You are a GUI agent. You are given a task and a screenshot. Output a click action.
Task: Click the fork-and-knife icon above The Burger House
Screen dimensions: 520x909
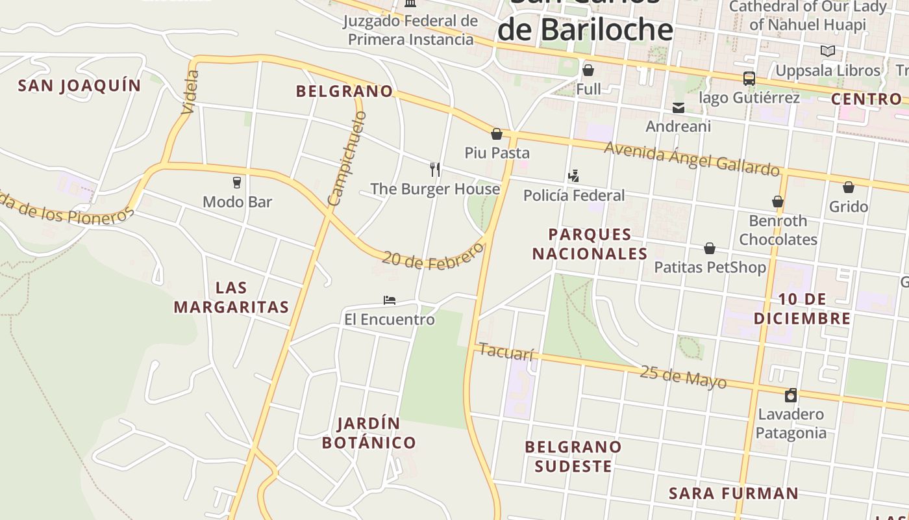435,170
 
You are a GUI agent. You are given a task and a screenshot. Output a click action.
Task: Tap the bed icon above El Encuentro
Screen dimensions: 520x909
390,300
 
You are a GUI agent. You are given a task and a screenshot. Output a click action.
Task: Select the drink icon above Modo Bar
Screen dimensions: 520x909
237,183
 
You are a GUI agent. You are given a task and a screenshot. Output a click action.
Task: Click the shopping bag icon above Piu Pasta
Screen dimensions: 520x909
497,134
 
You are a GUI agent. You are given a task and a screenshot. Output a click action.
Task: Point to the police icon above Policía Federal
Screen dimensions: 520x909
573,175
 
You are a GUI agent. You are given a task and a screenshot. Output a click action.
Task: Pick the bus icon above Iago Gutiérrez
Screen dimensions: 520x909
749,79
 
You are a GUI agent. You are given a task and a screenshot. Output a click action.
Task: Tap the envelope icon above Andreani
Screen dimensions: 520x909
679,107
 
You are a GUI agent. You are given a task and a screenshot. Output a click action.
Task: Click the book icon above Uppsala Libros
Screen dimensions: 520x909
827,51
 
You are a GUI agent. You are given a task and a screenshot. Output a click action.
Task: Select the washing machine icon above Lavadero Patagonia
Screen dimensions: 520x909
790,395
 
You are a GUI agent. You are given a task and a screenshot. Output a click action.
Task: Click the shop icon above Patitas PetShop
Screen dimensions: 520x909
710,248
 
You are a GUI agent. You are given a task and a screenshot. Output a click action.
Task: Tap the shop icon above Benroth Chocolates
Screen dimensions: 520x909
777,201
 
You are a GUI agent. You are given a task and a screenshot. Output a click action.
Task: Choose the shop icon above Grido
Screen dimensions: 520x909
848,187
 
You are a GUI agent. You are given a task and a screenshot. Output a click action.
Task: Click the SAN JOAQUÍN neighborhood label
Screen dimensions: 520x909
79,86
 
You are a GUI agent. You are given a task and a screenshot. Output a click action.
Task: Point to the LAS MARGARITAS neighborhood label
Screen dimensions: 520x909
231,297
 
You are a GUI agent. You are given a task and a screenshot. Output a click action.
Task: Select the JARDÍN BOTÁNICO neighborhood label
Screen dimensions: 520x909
369,433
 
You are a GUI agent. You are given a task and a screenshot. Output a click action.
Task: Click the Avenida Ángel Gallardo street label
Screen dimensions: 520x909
691,159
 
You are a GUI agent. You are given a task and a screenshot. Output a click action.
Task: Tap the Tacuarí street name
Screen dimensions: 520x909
506,352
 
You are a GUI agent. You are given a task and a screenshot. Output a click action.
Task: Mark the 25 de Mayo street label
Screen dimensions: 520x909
683,376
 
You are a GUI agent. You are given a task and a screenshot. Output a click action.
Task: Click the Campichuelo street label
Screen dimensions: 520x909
347,159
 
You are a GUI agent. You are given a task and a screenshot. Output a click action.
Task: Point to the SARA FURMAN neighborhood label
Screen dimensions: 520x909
734,493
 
